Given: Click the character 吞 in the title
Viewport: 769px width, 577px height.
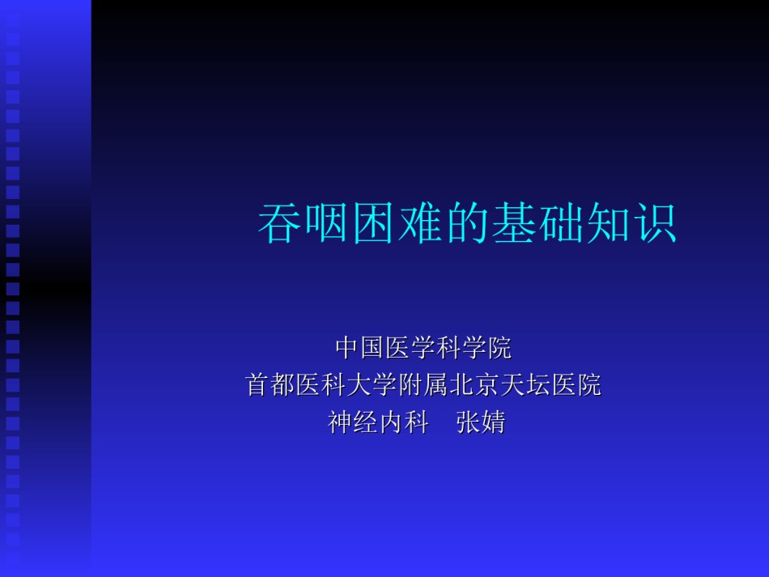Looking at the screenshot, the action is [x=279, y=223].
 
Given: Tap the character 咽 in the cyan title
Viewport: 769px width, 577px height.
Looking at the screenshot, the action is [x=326, y=223].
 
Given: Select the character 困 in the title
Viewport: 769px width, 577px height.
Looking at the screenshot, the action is [x=373, y=223].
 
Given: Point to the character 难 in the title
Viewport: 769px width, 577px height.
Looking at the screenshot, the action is [x=420, y=223].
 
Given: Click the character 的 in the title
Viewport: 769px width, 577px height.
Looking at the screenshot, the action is [x=467, y=223].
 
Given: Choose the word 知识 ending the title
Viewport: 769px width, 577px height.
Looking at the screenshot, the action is [x=632, y=223].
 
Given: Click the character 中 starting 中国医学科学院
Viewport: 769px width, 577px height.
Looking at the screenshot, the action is [x=347, y=347].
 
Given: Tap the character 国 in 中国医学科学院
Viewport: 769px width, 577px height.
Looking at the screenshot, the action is [x=372, y=347].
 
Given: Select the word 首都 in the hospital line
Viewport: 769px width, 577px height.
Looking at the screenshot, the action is [x=270, y=384].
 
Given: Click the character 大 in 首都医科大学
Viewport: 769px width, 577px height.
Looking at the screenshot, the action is [x=359, y=384].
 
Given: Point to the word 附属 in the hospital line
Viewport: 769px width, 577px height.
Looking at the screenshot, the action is [x=423, y=384].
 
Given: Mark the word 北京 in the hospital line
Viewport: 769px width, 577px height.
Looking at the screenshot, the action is [x=474, y=384].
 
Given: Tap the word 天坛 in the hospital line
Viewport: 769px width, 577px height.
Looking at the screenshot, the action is [x=525, y=384].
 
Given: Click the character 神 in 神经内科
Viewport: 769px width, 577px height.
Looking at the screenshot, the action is [x=339, y=422].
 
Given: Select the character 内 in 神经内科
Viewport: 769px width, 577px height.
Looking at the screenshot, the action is [x=390, y=422].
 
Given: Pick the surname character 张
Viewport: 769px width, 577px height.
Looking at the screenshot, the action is [x=468, y=422].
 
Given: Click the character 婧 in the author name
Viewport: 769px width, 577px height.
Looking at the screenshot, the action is [x=494, y=422].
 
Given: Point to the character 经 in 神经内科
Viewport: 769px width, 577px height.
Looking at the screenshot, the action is [x=365, y=422].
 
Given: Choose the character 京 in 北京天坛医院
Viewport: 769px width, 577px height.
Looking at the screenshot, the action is [x=486, y=384].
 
